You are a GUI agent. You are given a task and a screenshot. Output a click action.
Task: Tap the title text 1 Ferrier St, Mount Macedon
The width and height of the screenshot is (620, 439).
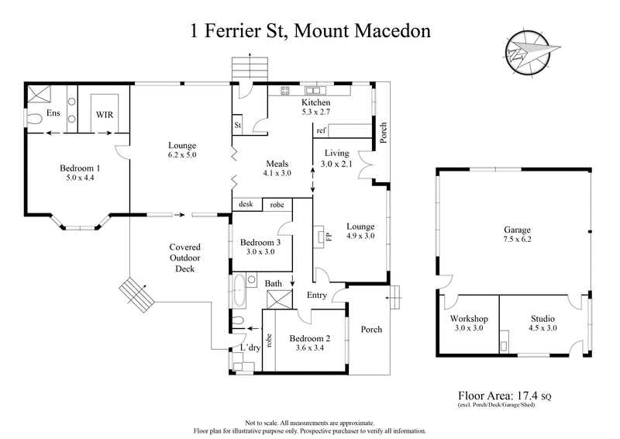coord(309,33)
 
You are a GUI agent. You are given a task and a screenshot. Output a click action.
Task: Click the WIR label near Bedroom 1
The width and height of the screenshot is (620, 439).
coord(105,114)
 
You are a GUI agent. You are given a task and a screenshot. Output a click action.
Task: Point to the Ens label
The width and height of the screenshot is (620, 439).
coord(53,113)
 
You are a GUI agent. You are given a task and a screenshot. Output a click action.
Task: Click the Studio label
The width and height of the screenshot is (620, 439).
coord(542,318)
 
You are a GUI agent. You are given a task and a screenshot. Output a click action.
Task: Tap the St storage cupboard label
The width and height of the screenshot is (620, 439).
coord(238,125)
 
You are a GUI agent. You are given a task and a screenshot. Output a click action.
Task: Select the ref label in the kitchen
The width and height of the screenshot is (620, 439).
coord(321,131)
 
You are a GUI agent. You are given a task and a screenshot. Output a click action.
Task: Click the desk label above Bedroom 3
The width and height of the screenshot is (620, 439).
coord(246,205)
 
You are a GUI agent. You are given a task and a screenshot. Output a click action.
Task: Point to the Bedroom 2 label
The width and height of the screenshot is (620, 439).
coord(310,338)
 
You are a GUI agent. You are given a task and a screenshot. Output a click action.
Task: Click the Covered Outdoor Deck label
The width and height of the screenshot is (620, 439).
coord(185,258)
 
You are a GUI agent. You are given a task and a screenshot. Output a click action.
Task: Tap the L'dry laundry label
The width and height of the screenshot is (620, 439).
coord(249,348)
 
